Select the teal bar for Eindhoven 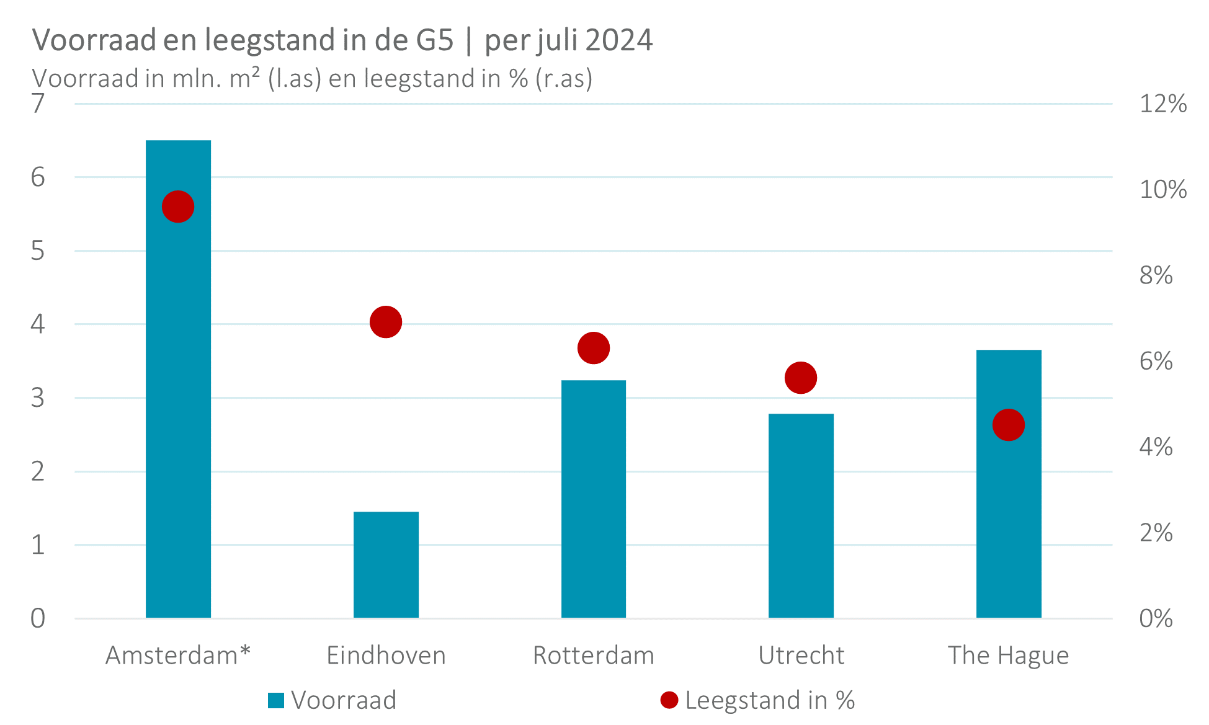386,564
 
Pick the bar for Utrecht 801,515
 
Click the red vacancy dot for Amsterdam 178,207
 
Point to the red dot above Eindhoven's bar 386,322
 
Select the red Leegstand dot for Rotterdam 594,348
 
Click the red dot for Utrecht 801,378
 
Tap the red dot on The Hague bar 1008,425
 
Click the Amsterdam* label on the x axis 178,656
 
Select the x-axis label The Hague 1008,656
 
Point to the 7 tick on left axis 38,104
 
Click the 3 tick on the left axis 38,398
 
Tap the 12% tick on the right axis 1162,104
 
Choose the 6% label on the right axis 1156,361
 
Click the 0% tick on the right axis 1156,618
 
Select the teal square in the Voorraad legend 276,700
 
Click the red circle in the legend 669,700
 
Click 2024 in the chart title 618,40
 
